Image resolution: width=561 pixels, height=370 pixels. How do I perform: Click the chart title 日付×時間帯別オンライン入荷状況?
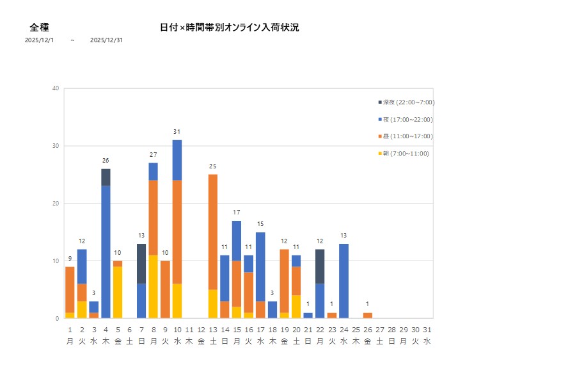(229, 28)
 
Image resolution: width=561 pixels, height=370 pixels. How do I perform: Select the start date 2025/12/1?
(39, 40)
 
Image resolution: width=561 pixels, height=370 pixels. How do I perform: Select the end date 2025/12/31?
(106, 40)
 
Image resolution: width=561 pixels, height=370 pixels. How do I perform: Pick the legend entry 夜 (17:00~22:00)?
(406, 120)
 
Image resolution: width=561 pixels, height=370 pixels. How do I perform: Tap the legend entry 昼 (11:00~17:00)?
(406, 136)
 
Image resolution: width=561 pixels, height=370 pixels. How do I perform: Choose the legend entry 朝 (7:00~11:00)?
(404, 154)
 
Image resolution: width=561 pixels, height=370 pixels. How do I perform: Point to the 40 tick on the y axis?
(56, 88)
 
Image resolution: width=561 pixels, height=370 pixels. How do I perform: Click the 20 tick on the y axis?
(56, 204)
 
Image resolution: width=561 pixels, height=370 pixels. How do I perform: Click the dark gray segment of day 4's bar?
(106, 177)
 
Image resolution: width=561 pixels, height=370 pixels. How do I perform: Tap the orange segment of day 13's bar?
(213, 232)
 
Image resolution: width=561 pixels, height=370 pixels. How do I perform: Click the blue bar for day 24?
(344, 280)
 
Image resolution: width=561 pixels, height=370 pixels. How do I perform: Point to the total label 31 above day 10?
(177, 132)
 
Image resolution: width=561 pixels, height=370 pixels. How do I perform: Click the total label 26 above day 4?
(106, 161)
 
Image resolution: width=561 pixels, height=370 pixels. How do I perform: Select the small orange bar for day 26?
(367, 315)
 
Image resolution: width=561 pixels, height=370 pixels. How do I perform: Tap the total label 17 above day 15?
(237, 213)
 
